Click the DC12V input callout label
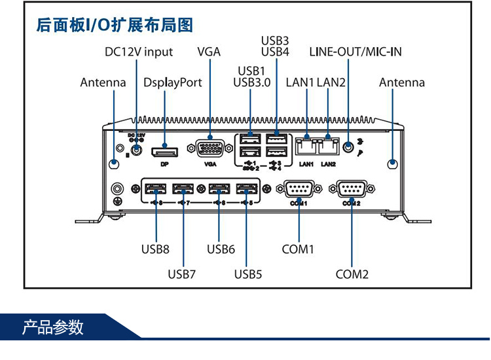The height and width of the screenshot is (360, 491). (139, 52)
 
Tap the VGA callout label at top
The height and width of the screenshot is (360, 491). (209, 52)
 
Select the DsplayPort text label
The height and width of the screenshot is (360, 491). (173, 82)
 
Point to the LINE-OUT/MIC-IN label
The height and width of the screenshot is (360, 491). (355, 52)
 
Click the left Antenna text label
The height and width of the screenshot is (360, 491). (103, 82)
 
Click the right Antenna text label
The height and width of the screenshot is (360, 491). (401, 82)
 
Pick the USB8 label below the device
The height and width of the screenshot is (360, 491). (155, 249)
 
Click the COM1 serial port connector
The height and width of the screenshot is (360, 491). (299, 190)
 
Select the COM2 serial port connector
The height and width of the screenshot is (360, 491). (352, 190)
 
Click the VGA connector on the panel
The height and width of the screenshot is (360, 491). (209, 149)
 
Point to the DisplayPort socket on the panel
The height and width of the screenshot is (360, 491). (164, 153)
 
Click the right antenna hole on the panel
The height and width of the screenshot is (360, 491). (392, 164)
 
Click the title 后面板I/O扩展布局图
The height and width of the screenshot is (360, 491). (115, 26)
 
